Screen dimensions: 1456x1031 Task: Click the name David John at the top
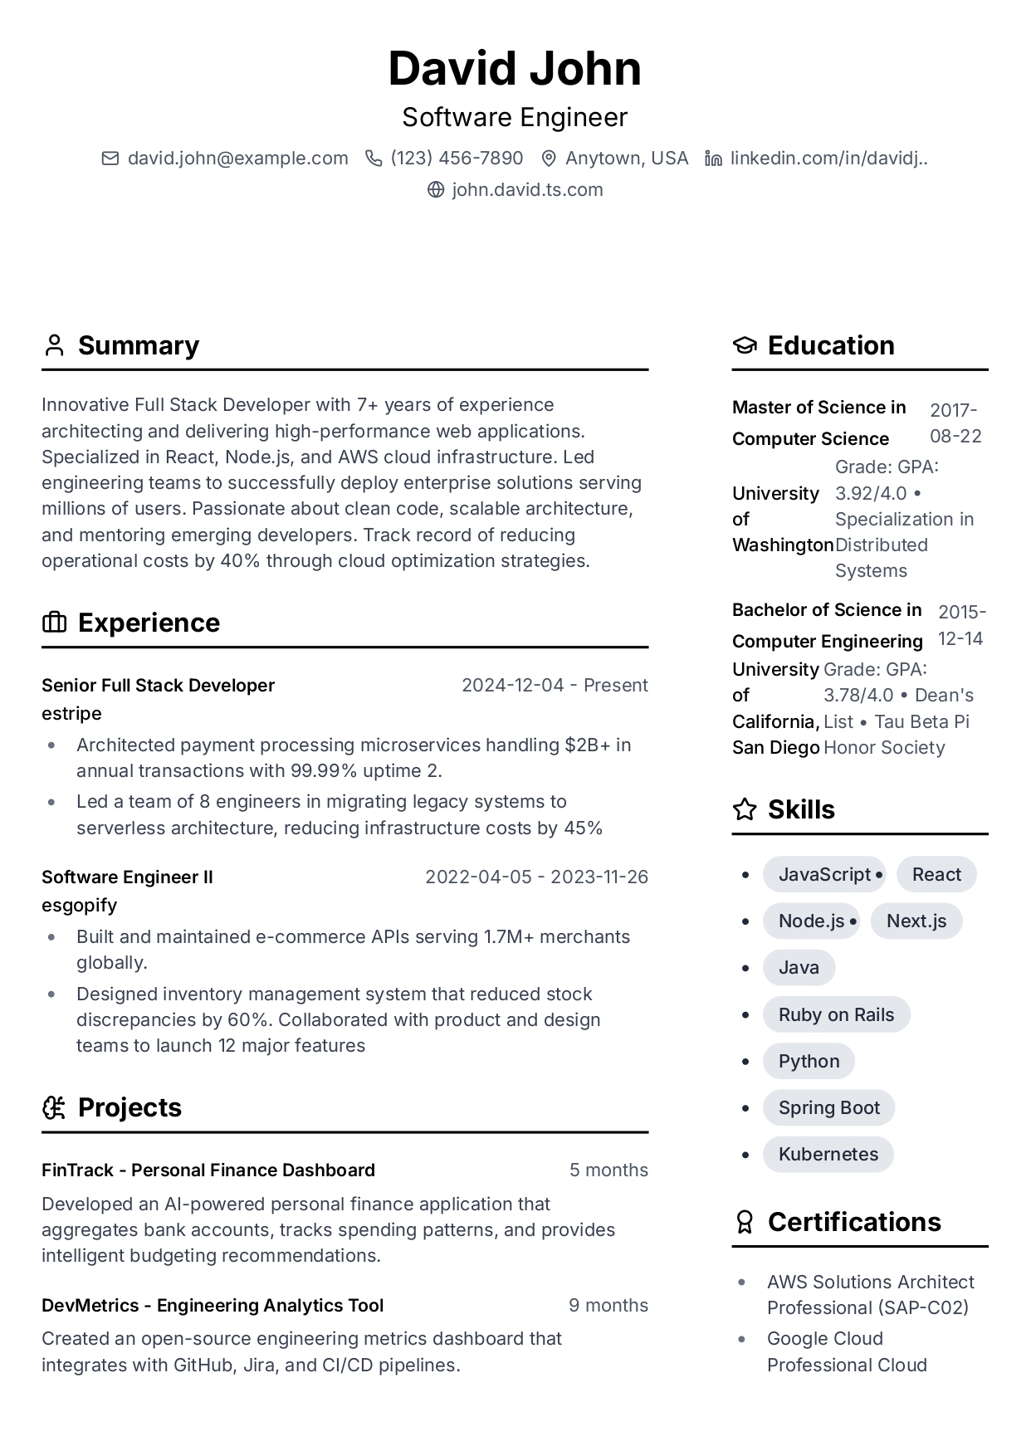515,68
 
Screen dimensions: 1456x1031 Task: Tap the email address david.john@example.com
237,159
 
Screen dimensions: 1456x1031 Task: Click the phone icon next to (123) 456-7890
374,159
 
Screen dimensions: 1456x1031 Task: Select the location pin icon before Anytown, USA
548,159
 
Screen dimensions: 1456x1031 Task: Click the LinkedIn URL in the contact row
828,159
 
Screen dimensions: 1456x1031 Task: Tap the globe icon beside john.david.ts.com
436,190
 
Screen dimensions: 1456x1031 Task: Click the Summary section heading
138,345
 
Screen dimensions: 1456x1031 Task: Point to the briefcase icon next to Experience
54,623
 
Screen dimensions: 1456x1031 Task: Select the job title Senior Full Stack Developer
158,686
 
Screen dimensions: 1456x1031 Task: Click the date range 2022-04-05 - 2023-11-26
536,877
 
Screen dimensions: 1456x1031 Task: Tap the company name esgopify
79,906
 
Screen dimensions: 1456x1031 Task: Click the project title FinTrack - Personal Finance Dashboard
208,1170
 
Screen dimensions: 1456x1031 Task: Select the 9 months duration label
608,1306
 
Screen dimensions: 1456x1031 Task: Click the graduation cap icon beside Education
745,345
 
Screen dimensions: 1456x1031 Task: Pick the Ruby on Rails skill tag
836,1015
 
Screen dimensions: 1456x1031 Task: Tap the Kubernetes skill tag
828,1155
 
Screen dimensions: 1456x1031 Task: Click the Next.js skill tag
916,921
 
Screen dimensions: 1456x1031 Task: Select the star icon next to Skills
745,809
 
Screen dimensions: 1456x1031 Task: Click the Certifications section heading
853,1222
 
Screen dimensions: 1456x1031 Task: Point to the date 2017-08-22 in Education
955,423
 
